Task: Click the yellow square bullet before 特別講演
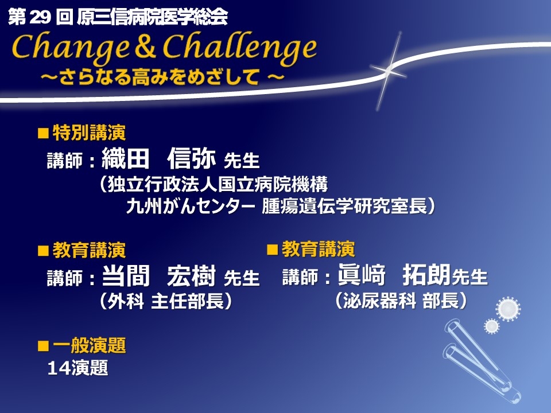click(x=43, y=134)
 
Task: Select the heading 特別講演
click(x=89, y=133)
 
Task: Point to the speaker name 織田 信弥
click(x=158, y=158)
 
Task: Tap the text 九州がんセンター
click(x=191, y=206)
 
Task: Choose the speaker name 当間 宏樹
click(x=158, y=276)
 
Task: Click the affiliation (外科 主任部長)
click(x=166, y=301)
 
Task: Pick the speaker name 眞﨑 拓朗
click(x=394, y=275)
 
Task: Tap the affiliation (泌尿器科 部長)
click(x=401, y=301)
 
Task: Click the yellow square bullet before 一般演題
click(x=43, y=346)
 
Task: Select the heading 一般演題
click(x=89, y=345)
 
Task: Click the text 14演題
click(x=77, y=368)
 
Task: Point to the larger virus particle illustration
click(x=508, y=309)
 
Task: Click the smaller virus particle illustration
click(x=492, y=326)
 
